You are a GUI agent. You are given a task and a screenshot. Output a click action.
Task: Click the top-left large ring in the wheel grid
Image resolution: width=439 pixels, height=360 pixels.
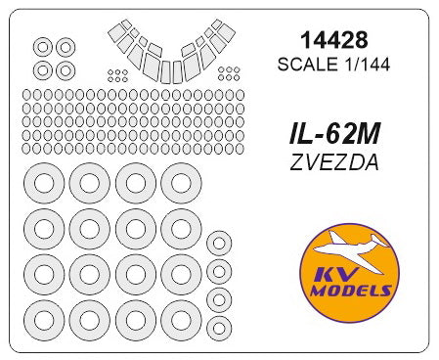[x=44, y=184]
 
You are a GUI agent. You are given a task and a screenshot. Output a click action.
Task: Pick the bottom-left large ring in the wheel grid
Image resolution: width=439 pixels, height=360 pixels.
[x=44, y=317]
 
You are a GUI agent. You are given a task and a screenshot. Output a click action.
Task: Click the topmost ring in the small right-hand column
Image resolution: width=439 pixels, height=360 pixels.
[x=220, y=244]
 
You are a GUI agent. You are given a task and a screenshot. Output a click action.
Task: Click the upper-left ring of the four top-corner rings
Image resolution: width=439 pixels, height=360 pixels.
[x=42, y=46]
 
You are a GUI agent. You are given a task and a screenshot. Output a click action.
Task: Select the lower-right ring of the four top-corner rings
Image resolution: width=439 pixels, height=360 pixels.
[x=66, y=69]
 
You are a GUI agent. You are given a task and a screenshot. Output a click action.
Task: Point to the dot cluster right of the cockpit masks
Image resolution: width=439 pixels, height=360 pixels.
[x=230, y=73]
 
